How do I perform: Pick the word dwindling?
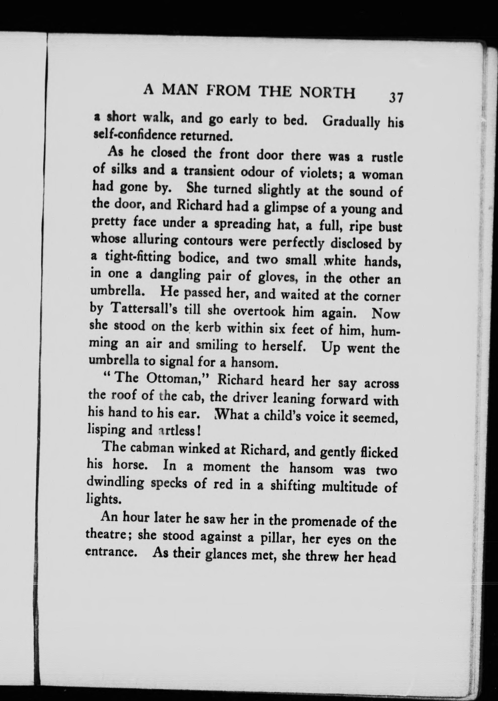point(115,483)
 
